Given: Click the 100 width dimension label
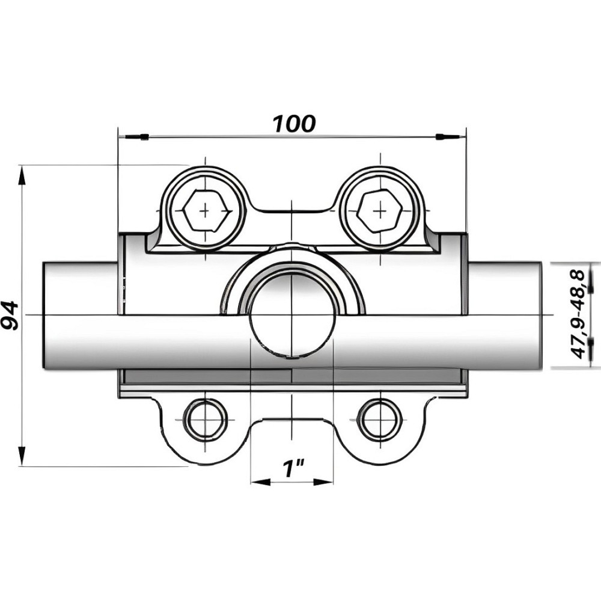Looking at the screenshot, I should coord(294,123).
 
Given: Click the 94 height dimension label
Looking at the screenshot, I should coord(10,316).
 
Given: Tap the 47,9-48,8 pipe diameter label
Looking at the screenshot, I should coord(578,314).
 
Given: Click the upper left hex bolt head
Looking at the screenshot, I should coord(206,211).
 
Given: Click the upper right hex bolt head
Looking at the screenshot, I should coord(379,211).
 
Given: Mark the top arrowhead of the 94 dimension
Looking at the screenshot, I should coord(22,175).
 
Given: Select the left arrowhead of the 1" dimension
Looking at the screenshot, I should coord(258,481).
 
